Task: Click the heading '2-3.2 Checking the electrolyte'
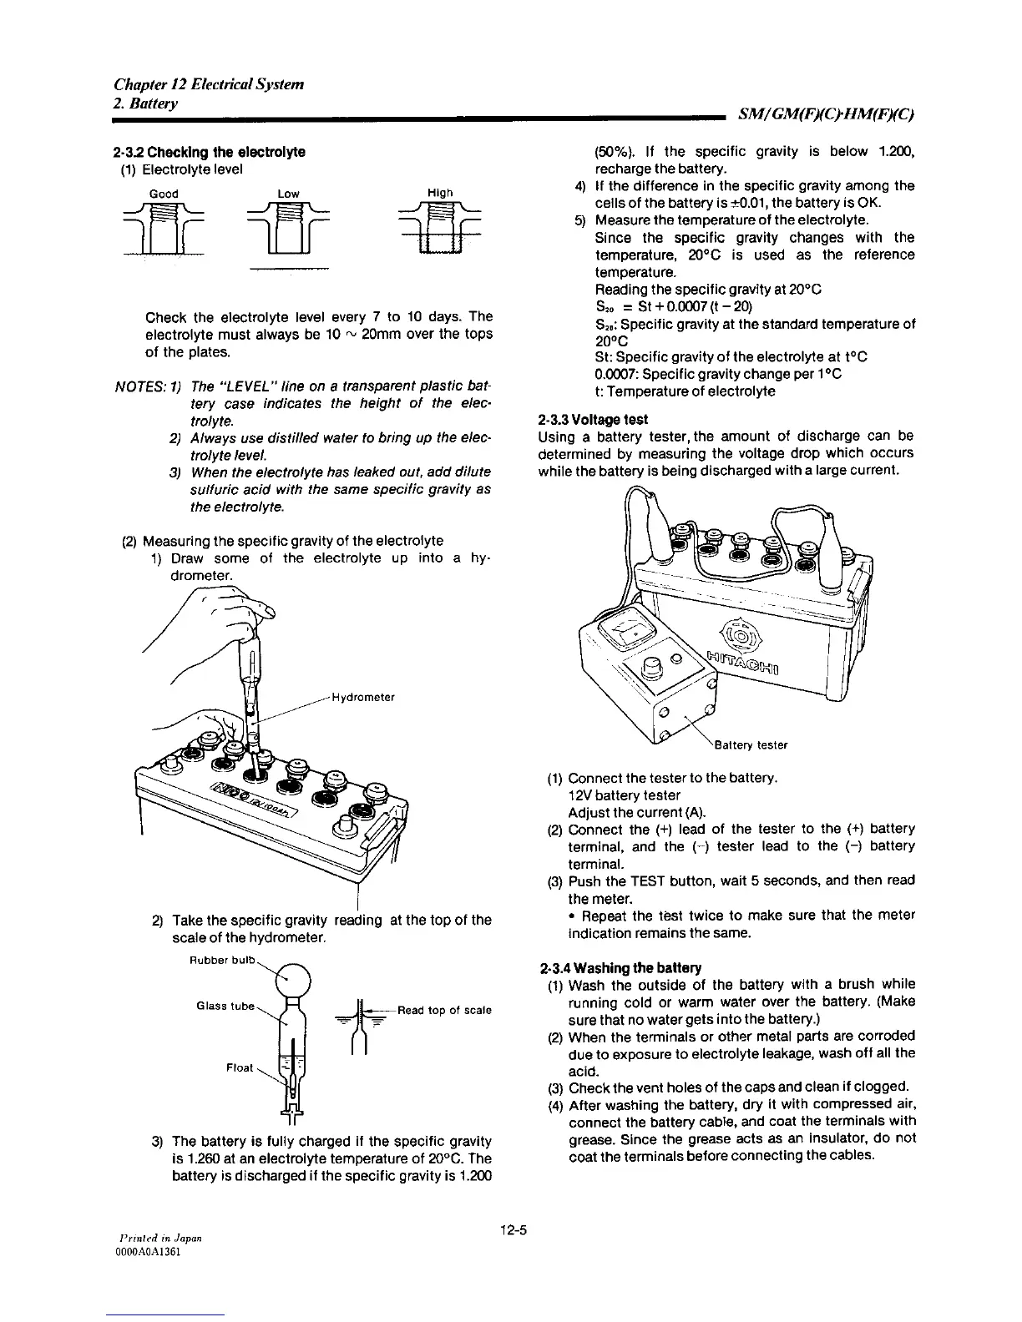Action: pyautogui.click(x=209, y=152)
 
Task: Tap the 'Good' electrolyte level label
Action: pyautogui.click(x=164, y=194)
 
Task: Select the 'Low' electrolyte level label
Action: pyautogui.click(x=288, y=194)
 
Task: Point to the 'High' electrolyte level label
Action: pyautogui.click(x=440, y=193)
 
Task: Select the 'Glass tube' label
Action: pyautogui.click(x=225, y=1006)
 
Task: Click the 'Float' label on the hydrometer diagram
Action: pyautogui.click(x=240, y=1067)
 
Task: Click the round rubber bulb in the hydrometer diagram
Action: pyautogui.click(x=293, y=979)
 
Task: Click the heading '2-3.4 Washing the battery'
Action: pyautogui.click(x=620, y=968)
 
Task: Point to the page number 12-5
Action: pyautogui.click(x=510, y=1230)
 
